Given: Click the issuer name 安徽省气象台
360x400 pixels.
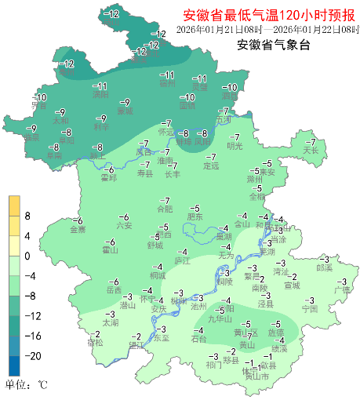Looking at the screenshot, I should [274, 45].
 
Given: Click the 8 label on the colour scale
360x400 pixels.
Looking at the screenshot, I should [28, 216].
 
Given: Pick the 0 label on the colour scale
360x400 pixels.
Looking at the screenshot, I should [28, 256].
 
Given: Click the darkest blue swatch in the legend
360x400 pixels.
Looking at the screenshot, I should [14, 365].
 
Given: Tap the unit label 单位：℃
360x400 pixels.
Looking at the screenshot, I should [27, 385].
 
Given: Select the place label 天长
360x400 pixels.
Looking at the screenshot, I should [311, 149].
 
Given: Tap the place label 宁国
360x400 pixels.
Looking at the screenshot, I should [310, 309].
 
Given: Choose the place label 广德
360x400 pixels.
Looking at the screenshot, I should [342, 289].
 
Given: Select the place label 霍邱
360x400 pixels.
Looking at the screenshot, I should [109, 177].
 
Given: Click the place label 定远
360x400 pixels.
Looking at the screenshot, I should [211, 166].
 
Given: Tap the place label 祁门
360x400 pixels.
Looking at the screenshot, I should [214, 365].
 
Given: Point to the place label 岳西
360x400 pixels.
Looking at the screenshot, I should [115, 289].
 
